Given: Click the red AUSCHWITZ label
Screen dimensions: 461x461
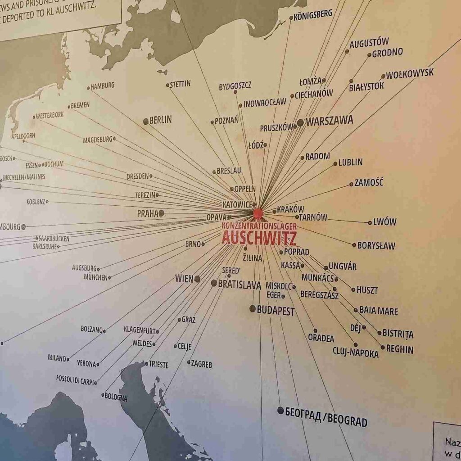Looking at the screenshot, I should tap(259, 237).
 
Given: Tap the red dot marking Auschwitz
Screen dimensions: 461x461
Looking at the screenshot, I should tap(258, 212).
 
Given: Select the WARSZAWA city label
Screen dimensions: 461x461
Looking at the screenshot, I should tap(330, 121).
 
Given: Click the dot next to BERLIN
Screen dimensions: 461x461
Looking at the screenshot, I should tap(146, 121).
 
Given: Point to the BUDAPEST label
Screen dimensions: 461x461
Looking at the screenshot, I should tap(276, 311).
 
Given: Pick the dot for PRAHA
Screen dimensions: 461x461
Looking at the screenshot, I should tap(161, 213).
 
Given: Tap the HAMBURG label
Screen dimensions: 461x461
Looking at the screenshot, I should tap(103, 86).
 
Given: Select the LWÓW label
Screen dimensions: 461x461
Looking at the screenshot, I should tap(385, 222).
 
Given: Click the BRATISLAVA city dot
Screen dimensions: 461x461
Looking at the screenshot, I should tap(214, 283).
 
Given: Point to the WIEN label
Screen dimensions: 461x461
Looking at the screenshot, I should tap(184, 279).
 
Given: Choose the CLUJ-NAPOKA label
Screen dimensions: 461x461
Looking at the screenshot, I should tap(356, 353).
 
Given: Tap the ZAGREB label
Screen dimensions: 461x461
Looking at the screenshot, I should tap(201, 363).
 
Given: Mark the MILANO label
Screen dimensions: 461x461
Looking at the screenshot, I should tap(57, 358).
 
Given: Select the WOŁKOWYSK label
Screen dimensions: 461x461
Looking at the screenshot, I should tap(410, 73).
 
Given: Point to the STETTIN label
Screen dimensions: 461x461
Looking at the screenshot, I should tap(180, 84).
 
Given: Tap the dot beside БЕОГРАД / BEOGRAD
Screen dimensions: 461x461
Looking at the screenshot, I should tap(280, 410).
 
